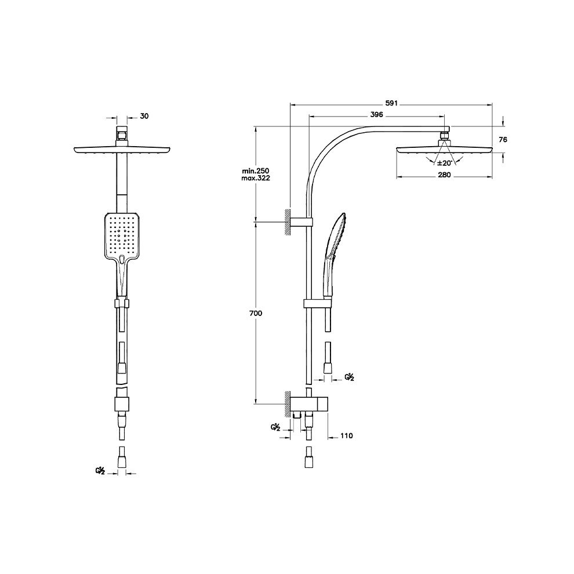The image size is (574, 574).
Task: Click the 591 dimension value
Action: (391, 103)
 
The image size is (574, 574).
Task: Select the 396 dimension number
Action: (376, 115)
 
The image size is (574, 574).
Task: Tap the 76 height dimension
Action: (503, 140)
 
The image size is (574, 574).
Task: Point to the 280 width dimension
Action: (444, 175)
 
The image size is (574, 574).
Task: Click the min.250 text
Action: (255, 171)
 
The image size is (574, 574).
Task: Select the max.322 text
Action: (255, 178)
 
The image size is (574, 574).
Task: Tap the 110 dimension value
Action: (346, 435)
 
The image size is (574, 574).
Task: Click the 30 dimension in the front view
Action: (144, 116)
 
